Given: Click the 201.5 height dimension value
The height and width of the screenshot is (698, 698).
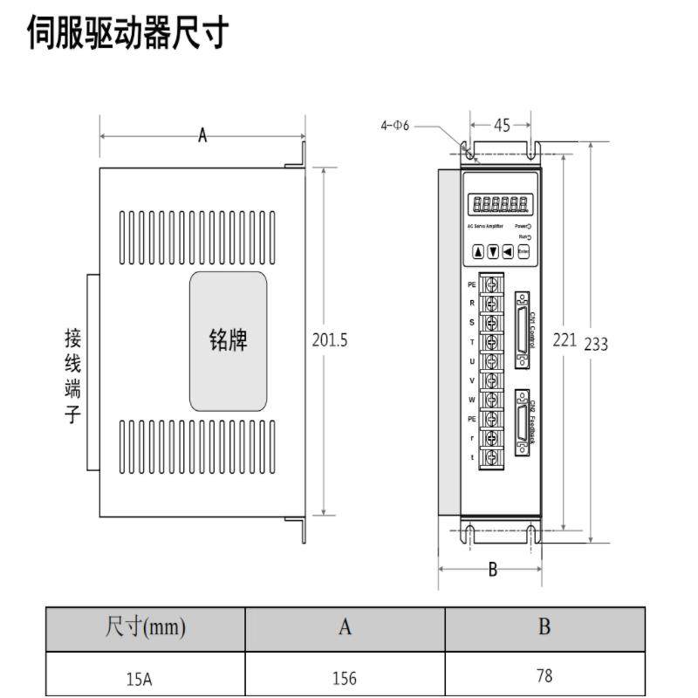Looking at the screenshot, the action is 330,340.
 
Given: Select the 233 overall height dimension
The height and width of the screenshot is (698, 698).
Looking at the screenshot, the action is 596,344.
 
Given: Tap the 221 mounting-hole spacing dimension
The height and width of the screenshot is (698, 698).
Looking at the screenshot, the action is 565,339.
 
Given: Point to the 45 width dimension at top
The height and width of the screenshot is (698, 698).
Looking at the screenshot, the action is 502,126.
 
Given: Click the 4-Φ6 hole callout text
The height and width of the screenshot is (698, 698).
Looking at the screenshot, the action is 394,126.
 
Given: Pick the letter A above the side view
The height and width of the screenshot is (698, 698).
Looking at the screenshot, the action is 202,135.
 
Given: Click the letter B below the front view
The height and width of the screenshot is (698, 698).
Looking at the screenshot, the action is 492,570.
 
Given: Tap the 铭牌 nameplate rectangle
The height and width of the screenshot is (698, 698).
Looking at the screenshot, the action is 228,340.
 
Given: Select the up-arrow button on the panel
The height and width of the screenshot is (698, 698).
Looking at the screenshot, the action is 478,252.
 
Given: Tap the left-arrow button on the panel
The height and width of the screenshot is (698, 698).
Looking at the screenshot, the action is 508,252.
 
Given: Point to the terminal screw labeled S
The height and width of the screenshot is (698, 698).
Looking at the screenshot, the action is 492,322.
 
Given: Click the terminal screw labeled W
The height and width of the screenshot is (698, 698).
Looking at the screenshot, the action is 492,400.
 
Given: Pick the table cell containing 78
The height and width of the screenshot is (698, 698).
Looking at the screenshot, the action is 544,676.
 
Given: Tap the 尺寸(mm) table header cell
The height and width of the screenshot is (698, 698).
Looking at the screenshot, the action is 145,627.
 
